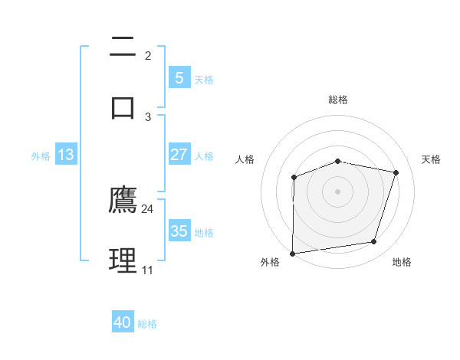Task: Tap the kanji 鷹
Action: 123,200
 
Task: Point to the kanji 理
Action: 123,260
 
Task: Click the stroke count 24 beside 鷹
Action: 148,208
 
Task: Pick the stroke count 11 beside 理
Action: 147,270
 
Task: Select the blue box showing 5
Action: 179,78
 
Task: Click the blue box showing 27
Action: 179,155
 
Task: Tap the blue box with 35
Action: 179,231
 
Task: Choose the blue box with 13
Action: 66,155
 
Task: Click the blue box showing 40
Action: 123,322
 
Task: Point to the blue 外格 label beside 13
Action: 41,156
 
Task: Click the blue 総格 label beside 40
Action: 147,324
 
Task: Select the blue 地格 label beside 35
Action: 204,233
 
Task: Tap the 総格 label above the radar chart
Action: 337,100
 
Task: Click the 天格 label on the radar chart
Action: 432,159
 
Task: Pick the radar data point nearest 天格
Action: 396,172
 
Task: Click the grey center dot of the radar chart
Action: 337,191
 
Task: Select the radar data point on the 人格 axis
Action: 294,177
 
